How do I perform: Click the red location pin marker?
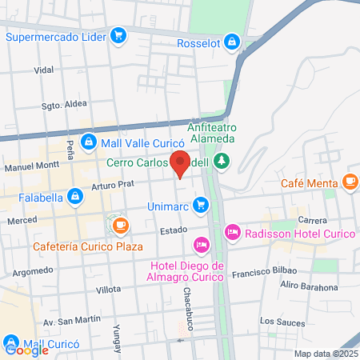coord(181,163)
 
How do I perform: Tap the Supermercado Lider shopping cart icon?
coord(118,35)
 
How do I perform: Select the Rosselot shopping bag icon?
coord(231,42)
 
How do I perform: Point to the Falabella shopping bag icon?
coord(74,195)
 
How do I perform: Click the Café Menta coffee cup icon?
coord(349,182)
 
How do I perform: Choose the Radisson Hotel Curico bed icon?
coord(232,232)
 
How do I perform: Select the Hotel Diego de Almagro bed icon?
coord(201,243)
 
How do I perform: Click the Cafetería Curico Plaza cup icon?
coord(120,225)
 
